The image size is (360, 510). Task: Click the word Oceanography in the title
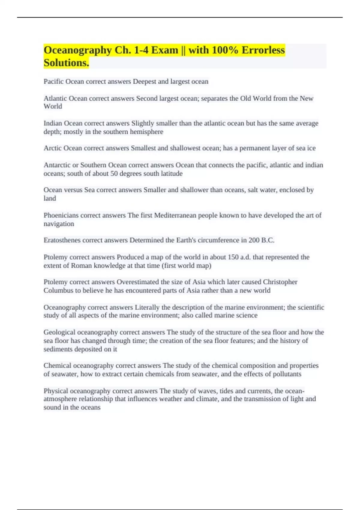coord(77,50)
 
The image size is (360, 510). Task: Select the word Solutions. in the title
coord(66,63)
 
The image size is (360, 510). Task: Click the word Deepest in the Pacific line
coord(144,82)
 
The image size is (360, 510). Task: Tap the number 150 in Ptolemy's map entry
coord(233,257)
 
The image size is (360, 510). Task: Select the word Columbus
coord(58,290)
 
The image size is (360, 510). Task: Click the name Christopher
coord(280,282)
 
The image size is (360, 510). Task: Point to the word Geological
coord(59,332)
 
